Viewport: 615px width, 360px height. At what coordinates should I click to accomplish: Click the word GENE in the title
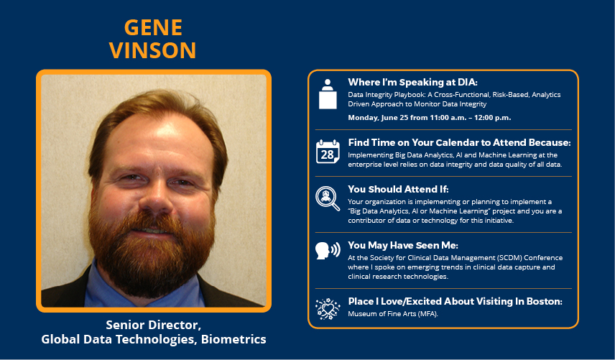(153, 27)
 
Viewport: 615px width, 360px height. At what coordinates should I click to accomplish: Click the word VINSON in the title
(152, 50)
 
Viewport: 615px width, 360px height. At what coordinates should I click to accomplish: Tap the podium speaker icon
(328, 94)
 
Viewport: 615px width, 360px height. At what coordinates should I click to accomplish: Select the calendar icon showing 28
(328, 152)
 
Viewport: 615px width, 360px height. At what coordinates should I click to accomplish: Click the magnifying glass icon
(328, 198)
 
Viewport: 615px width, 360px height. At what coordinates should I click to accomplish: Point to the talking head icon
(328, 250)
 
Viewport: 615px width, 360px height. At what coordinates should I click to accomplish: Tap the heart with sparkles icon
(328, 309)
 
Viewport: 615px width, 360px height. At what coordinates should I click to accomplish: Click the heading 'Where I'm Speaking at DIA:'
(412, 83)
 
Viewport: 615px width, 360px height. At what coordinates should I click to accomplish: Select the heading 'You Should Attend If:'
(398, 189)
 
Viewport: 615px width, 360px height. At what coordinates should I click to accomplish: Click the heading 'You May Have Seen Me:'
(403, 246)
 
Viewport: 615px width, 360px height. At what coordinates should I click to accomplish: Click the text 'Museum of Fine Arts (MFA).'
(393, 314)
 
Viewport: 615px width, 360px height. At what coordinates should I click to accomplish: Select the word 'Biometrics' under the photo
(233, 339)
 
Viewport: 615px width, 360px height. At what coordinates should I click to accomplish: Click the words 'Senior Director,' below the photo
(153, 325)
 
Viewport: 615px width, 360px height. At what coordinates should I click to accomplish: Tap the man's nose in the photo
(155, 197)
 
